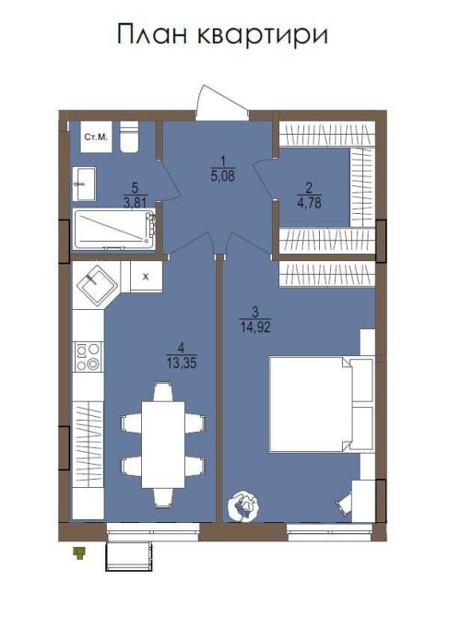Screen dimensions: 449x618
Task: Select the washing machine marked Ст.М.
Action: pyautogui.click(x=96, y=137)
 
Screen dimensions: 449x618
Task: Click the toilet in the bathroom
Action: pyautogui.click(x=129, y=137)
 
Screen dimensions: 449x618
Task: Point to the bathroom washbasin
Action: pyautogui.click(x=84, y=184)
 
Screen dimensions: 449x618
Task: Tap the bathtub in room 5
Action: pyautogui.click(x=114, y=230)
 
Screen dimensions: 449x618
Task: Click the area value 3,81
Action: pyautogui.click(x=136, y=203)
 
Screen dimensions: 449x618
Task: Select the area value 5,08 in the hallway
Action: pyautogui.click(x=223, y=176)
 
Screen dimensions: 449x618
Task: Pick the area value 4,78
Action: pyautogui.click(x=310, y=204)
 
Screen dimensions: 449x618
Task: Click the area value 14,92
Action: pyautogui.click(x=255, y=327)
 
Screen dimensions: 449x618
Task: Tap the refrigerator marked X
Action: pyautogui.click(x=146, y=277)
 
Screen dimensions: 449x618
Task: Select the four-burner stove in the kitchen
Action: pyautogui.click(x=89, y=357)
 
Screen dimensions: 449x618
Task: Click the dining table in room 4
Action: pyautogui.click(x=163, y=445)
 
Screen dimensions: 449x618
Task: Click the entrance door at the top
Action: pyautogui.click(x=222, y=103)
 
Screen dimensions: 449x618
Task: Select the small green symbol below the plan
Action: pyautogui.click(x=80, y=553)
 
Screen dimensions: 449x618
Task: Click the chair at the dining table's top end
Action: pyautogui.click(x=162, y=391)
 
